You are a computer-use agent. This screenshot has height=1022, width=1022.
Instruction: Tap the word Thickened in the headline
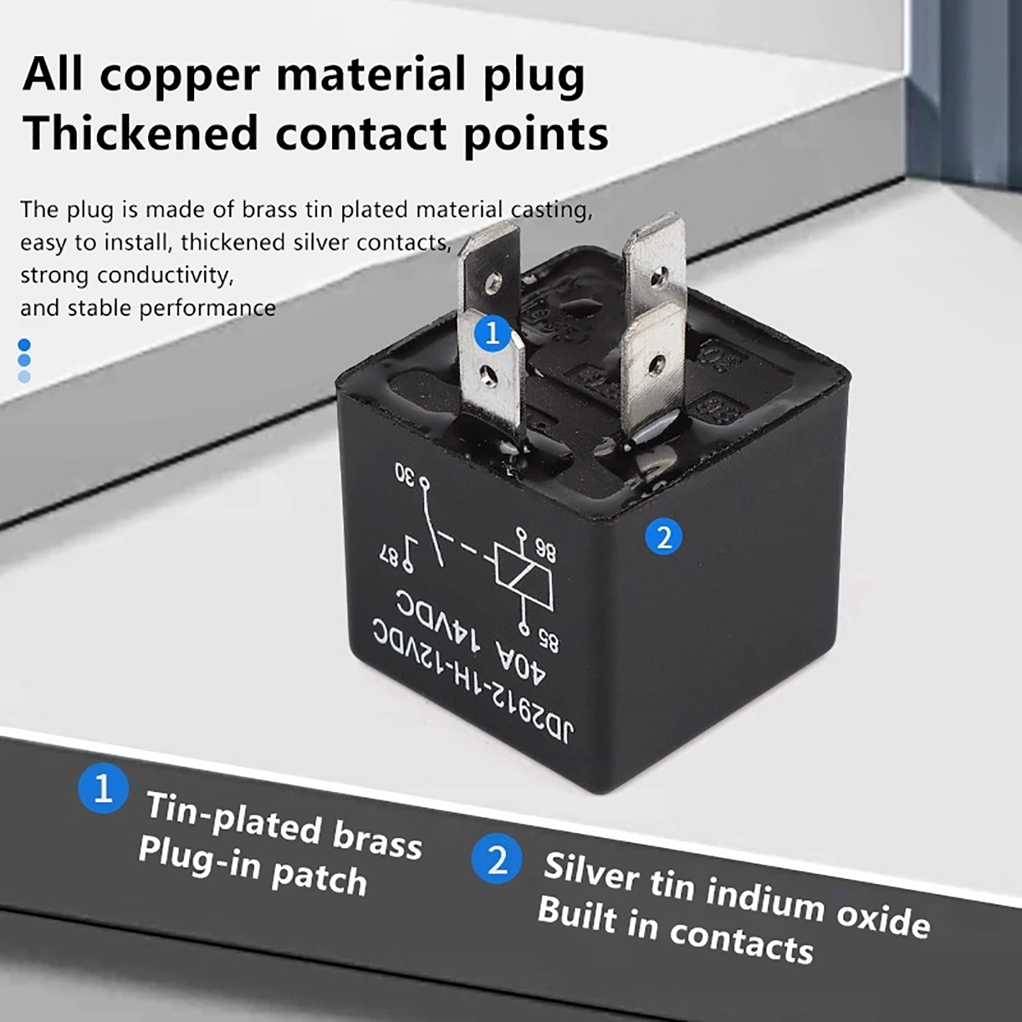tap(141, 134)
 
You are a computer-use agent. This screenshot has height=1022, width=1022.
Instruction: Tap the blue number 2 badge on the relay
tap(664, 537)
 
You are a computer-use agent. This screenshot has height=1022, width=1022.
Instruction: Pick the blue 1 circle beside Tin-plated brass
tap(103, 789)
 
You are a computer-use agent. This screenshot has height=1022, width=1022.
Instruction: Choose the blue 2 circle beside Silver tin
tap(497, 860)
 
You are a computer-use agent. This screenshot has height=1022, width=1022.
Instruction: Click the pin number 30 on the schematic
tap(405, 474)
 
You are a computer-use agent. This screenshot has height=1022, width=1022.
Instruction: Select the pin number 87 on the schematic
tap(390, 555)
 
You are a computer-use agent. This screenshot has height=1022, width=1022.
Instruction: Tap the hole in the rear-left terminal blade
tap(492, 282)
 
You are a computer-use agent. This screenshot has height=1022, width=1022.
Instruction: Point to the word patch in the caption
tap(319, 878)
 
